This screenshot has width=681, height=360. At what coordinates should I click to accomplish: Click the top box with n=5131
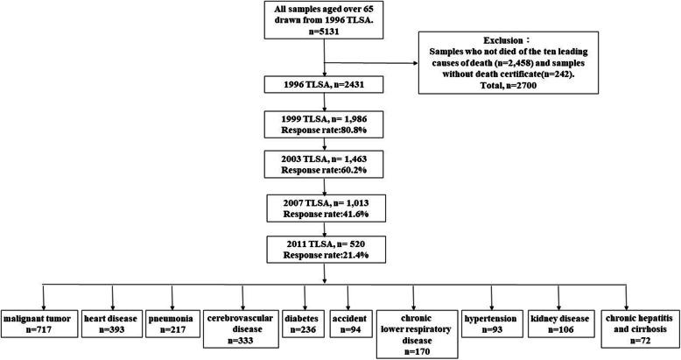(x=325, y=23)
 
